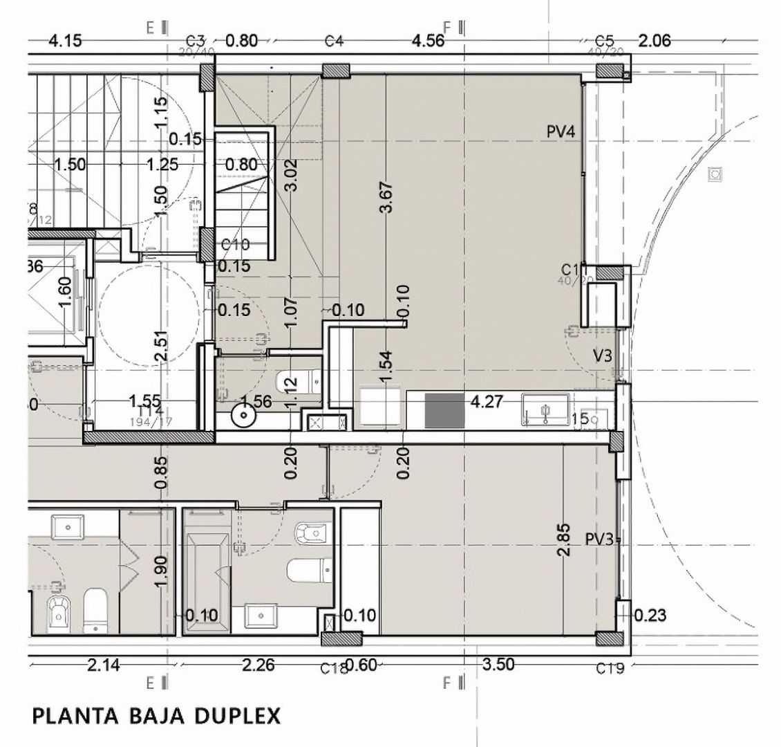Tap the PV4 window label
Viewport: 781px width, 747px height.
pos(561,132)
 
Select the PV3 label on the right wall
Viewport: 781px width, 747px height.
pos(599,539)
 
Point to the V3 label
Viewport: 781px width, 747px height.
pos(602,355)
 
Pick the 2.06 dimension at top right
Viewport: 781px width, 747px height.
pos(654,41)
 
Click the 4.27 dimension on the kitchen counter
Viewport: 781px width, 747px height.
pos(485,401)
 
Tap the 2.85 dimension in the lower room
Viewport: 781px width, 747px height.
pos(563,540)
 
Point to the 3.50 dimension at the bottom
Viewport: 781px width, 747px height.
pos(498,665)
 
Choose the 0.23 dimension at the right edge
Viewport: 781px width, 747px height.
pos(650,614)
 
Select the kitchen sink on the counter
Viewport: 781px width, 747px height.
pos(545,409)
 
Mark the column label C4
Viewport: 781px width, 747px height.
pos(334,41)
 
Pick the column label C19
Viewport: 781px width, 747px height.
pos(610,668)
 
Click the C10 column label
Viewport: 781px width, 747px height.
pos(235,245)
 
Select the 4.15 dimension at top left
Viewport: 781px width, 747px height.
pos(65,41)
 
